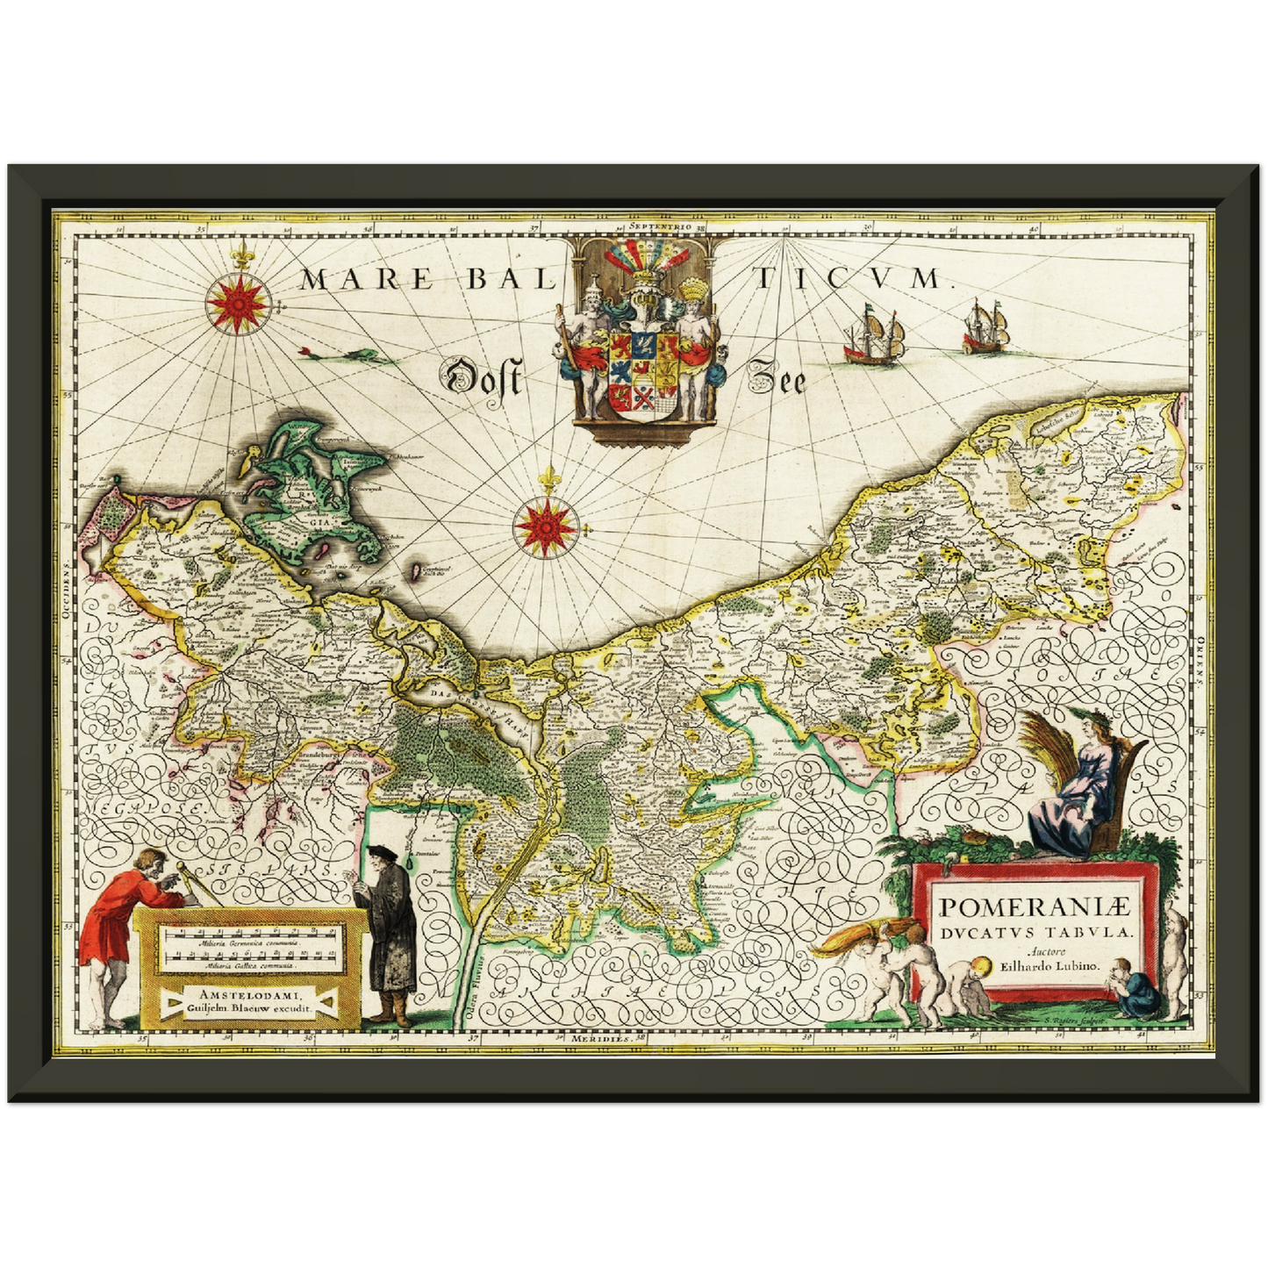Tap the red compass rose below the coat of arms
click(548, 527)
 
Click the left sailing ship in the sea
click(873, 336)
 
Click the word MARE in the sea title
click(366, 280)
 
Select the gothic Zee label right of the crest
click(776, 379)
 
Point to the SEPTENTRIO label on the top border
click(660, 226)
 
